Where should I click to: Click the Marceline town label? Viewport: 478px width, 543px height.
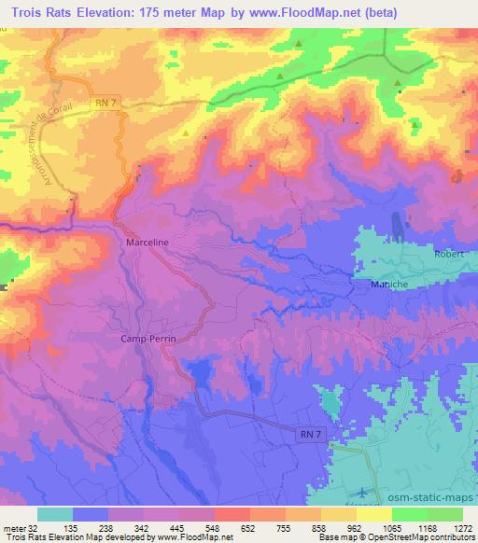[x=146, y=242]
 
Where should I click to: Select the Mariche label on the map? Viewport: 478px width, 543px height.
[x=390, y=285]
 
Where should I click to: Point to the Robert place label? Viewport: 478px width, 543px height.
[x=449, y=253]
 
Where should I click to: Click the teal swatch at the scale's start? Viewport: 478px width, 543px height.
[x=55, y=513]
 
